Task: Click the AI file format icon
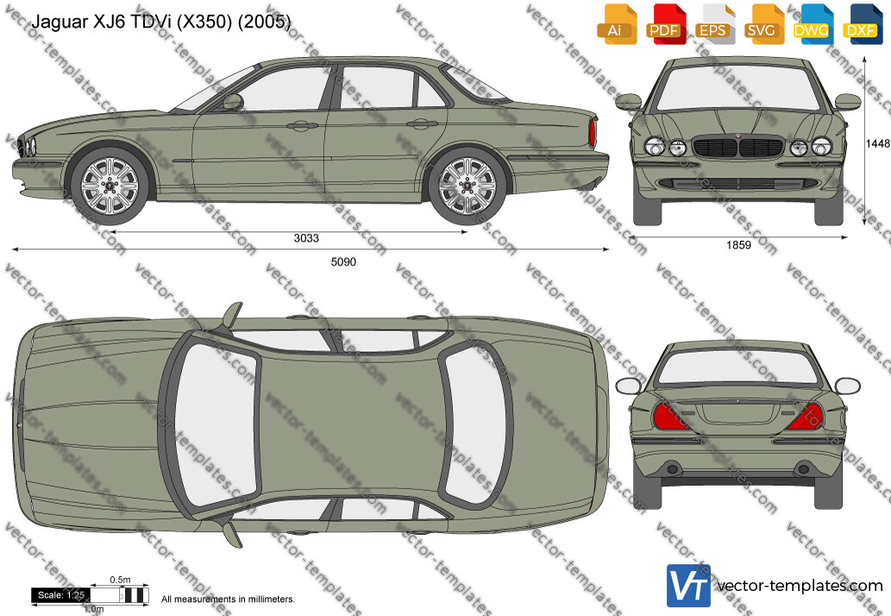[616, 24]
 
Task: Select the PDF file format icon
[664, 24]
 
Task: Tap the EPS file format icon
[713, 24]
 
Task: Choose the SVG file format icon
[762, 24]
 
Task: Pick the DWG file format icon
[812, 24]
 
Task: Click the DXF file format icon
[861, 24]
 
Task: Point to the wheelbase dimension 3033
[306, 238]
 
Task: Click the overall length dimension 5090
[344, 262]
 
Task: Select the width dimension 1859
[738, 245]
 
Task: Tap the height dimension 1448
[879, 144]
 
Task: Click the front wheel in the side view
[109, 185]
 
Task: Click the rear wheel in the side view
[467, 185]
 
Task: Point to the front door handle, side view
[302, 126]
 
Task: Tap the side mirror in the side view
[232, 102]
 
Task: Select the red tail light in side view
[593, 133]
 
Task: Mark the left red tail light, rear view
[670, 417]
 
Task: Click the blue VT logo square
[688, 585]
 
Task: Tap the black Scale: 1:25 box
[60, 595]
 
